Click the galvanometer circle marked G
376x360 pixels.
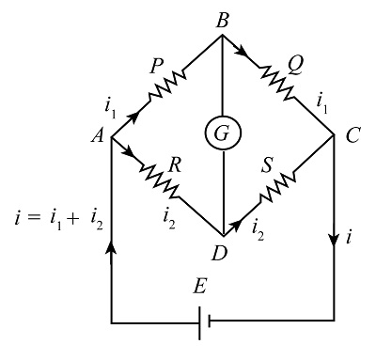(x=221, y=134)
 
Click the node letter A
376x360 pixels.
(x=96, y=137)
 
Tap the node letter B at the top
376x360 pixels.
(x=222, y=18)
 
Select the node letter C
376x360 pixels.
(x=352, y=136)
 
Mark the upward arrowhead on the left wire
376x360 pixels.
(x=112, y=248)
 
